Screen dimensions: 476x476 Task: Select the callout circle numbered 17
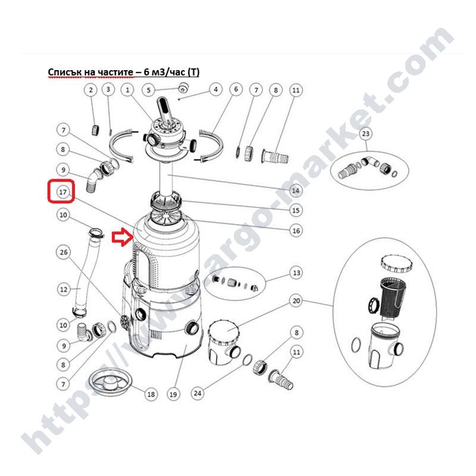(63, 192)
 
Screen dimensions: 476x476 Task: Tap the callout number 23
(366, 133)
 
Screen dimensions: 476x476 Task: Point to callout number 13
(296, 273)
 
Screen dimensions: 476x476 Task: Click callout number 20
(296, 301)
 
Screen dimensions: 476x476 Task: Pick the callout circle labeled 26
(64, 252)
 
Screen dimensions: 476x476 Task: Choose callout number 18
(151, 394)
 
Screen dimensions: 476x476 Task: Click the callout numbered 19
(173, 394)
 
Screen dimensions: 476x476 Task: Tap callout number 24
(198, 393)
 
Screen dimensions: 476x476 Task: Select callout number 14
(296, 190)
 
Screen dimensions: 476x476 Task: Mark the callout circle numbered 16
(296, 231)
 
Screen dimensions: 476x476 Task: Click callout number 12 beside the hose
(64, 289)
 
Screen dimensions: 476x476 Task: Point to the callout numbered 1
(127, 90)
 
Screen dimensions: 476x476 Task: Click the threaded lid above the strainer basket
(396, 264)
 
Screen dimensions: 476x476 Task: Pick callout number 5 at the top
(148, 90)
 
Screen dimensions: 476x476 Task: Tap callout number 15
(296, 210)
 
